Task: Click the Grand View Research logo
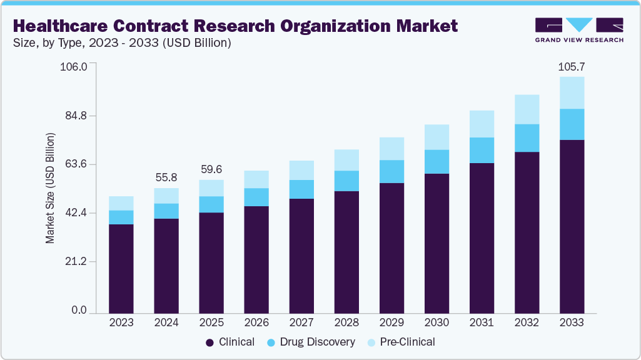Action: (x=579, y=29)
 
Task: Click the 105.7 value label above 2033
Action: (x=572, y=67)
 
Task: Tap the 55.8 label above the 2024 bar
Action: (x=166, y=177)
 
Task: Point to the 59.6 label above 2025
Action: (x=211, y=169)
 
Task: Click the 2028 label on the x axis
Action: (x=346, y=322)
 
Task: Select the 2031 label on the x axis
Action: (x=482, y=322)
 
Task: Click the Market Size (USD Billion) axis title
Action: (x=50, y=188)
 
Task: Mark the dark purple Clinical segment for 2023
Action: (x=121, y=269)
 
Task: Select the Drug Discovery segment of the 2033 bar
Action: (x=572, y=124)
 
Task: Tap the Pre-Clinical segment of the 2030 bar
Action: (x=437, y=137)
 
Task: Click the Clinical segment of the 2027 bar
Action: (x=301, y=256)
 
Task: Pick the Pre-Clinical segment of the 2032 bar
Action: (x=527, y=109)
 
